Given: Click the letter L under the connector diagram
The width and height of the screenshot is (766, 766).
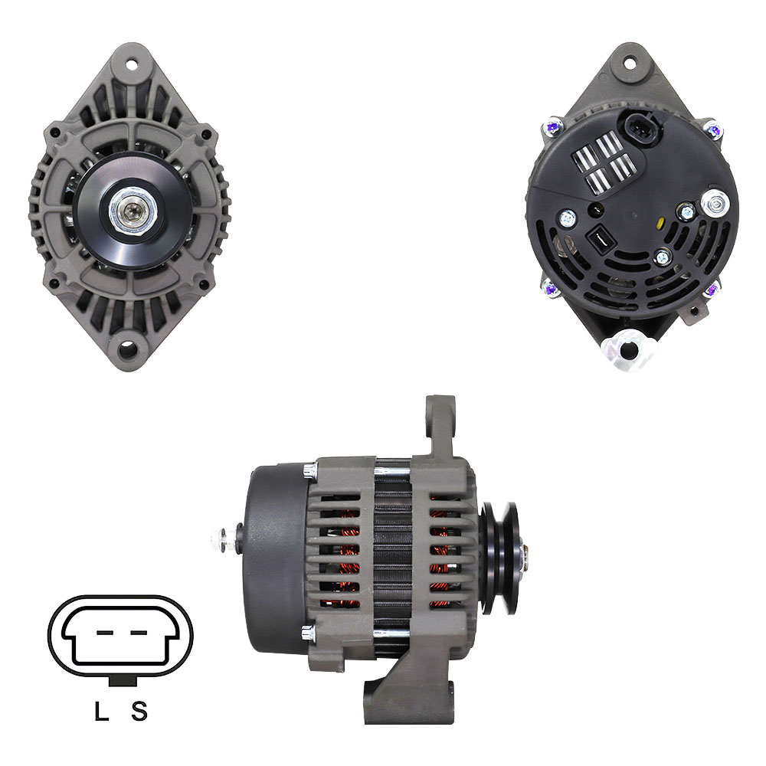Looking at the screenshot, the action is (101, 711).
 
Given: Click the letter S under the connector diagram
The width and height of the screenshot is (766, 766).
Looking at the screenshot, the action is (139, 711).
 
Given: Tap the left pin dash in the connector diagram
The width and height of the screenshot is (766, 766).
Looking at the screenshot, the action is (105, 632).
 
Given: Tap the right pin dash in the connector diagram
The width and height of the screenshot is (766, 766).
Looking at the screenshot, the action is (139, 632).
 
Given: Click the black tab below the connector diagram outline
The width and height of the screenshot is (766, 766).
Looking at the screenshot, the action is (122, 681).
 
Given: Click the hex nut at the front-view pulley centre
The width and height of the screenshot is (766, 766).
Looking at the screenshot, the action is (132, 211).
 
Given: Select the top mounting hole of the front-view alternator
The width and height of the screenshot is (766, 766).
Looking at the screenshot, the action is (131, 64).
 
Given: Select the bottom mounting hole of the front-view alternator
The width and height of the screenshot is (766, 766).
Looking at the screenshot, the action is (127, 349).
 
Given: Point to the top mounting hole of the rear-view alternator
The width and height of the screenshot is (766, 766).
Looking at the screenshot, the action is (630, 63).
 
